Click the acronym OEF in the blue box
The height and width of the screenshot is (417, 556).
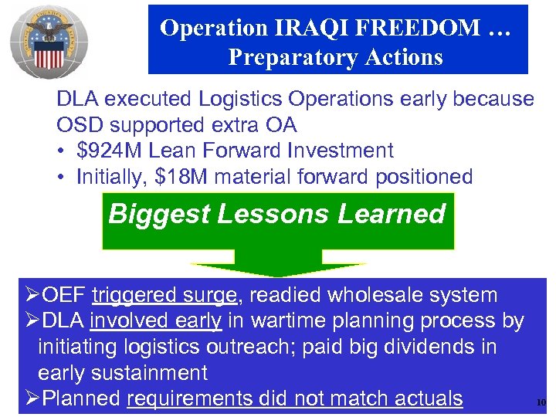coord(65,294)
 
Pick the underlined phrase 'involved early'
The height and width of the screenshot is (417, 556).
coord(156,320)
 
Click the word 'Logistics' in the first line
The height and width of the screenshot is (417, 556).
coord(239,99)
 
